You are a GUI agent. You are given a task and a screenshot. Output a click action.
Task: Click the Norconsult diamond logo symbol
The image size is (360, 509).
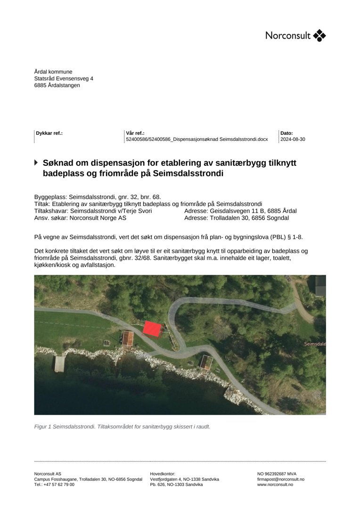click(319, 35)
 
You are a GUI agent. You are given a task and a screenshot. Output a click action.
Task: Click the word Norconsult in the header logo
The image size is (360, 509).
click(288, 36)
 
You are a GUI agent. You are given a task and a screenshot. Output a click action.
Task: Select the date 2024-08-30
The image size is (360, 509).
click(293, 140)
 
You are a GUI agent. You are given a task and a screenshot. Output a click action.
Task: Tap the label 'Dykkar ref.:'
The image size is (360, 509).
click(49, 133)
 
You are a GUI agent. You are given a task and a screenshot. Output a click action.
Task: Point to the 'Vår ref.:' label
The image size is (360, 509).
click(135, 133)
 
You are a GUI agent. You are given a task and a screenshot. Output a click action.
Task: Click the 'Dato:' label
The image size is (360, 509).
click(286, 133)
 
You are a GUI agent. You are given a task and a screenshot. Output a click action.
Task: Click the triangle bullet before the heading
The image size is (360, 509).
click(36, 163)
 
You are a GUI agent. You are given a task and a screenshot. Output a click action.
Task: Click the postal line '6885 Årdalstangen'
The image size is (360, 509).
click(57, 85)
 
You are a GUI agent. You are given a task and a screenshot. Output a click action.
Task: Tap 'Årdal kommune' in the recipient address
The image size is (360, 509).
click(53, 72)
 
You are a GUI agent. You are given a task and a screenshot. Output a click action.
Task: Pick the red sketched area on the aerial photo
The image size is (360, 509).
click(152, 328)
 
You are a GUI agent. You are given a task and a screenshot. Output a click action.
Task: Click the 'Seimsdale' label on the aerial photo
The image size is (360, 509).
click(315, 344)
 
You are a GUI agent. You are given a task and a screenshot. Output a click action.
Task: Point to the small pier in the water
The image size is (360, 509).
click(60, 363)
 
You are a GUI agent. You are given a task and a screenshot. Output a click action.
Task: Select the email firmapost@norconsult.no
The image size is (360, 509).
click(281, 479)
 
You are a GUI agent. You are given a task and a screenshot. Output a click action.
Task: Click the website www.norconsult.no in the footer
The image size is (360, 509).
click(275, 484)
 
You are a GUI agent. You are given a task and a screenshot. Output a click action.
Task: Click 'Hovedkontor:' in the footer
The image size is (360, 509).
click(163, 474)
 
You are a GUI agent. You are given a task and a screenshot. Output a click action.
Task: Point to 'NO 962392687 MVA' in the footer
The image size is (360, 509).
click(277, 474)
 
